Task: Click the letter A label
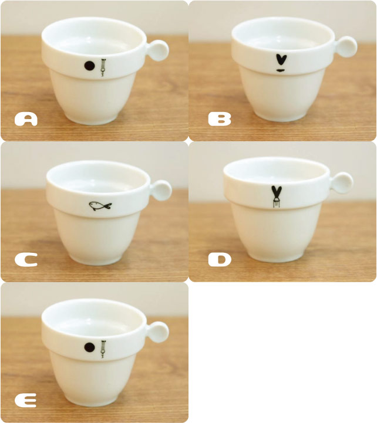[x=26, y=119]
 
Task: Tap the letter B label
[x=220, y=119]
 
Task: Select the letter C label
[x=26, y=260]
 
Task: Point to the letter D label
[x=220, y=260]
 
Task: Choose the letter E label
[x=26, y=401]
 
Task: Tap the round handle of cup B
[x=346, y=47]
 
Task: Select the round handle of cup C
[x=161, y=190]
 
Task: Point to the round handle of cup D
[x=342, y=182]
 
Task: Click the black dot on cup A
[x=89, y=66]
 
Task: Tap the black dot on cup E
[x=89, y=347]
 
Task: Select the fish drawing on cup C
[x=100, y=206]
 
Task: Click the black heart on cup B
[x=281, y=60]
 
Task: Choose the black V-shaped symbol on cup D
[x=276, y=193]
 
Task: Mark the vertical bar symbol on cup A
[x=103, y=67]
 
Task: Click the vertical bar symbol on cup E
[x=103, y=349]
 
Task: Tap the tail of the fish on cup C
[x=109, y=206]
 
